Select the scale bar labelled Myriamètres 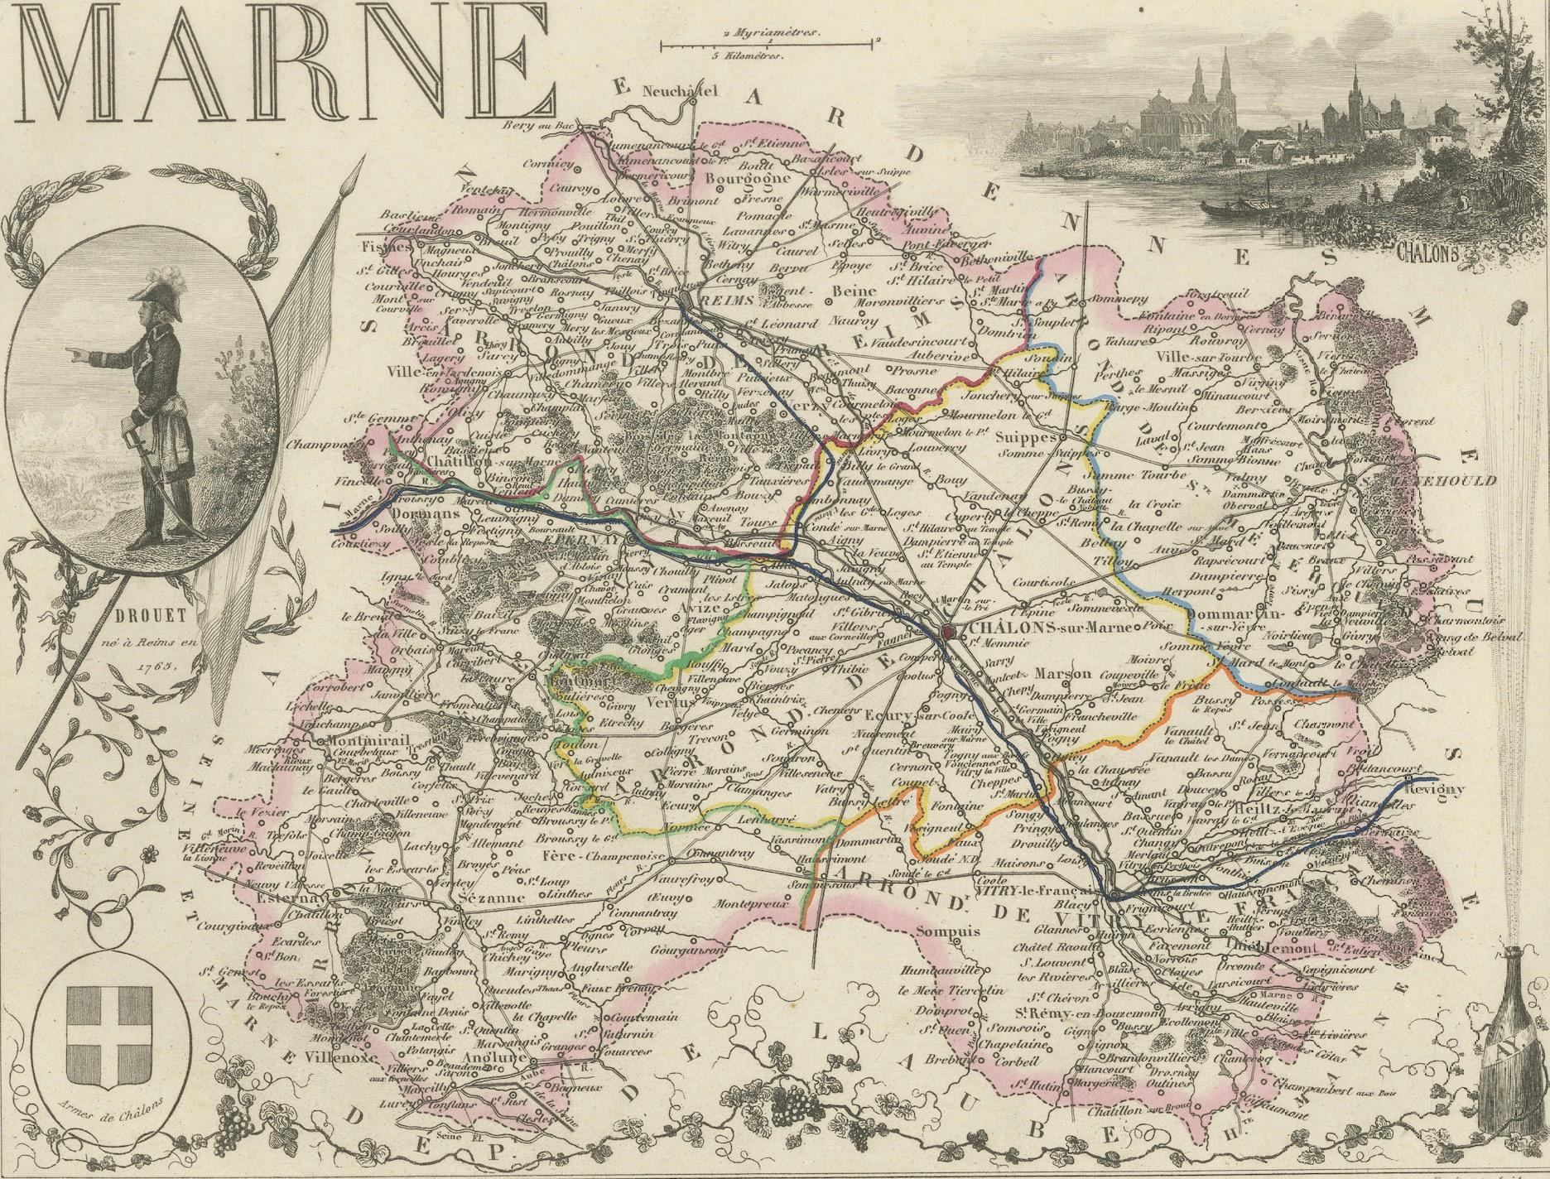[769, 44]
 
